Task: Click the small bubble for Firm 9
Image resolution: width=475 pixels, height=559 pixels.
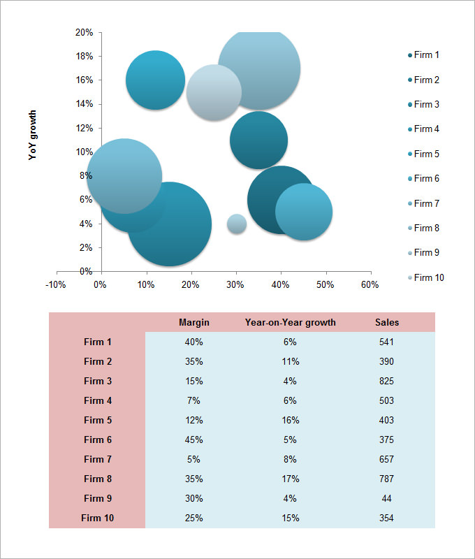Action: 237,224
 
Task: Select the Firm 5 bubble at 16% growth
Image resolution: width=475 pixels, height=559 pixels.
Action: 155,80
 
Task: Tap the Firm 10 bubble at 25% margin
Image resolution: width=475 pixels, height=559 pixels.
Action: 213,92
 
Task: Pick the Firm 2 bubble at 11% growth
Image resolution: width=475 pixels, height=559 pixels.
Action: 259,140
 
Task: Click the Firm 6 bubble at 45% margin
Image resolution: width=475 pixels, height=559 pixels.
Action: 304,212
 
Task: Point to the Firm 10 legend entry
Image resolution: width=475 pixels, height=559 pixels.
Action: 428,277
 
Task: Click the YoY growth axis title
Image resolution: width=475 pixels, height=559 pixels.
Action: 32,135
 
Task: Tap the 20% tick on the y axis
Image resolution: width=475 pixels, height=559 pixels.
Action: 84,32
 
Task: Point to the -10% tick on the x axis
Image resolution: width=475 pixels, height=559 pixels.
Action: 55,284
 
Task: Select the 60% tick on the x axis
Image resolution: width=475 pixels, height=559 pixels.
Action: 370,284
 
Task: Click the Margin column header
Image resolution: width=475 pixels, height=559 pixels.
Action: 194,322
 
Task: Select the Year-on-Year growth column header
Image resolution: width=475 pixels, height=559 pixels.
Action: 290,322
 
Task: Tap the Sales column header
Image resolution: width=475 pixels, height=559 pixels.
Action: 387,322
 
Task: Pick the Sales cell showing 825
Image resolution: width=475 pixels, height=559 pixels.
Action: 387,381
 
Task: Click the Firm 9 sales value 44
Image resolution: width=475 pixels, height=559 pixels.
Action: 387,498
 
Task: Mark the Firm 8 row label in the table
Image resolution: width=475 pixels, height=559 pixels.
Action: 98,479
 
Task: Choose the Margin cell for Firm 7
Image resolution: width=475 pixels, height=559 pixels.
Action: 194,459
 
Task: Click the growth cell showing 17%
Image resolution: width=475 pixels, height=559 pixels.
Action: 291,479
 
